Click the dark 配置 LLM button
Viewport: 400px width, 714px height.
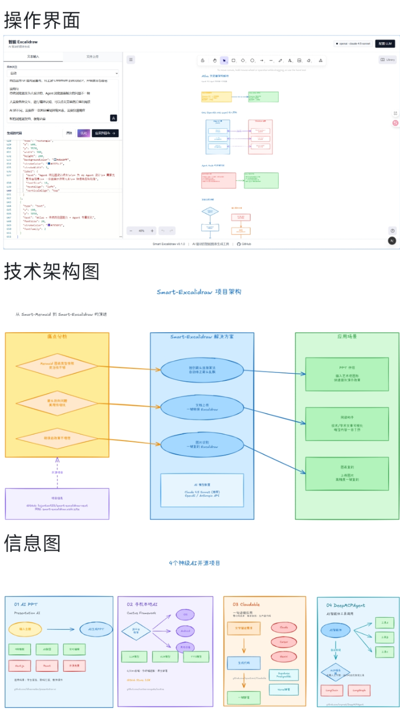tap(385, 44)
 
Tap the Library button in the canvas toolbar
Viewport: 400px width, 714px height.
tap(388, 59)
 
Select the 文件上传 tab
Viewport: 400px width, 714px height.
tap(92, 57)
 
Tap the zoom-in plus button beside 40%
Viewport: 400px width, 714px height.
tap(152, 231)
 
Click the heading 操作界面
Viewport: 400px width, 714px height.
tap(42, 20)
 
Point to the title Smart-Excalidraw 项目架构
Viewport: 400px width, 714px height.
tap(199, 292)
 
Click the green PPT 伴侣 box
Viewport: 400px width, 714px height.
tap(347, 374)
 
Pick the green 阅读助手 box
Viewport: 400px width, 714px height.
tap(347, 424)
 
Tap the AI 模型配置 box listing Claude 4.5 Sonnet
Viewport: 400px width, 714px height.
tap(202, 490)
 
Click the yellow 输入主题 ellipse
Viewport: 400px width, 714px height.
tap(25, 629)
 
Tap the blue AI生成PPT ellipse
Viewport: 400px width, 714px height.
tap(96, 629)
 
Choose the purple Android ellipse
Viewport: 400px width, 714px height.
tap(186, 631)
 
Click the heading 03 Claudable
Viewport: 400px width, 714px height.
tap(246, 604)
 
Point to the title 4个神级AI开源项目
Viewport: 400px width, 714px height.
tap(195, 563)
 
